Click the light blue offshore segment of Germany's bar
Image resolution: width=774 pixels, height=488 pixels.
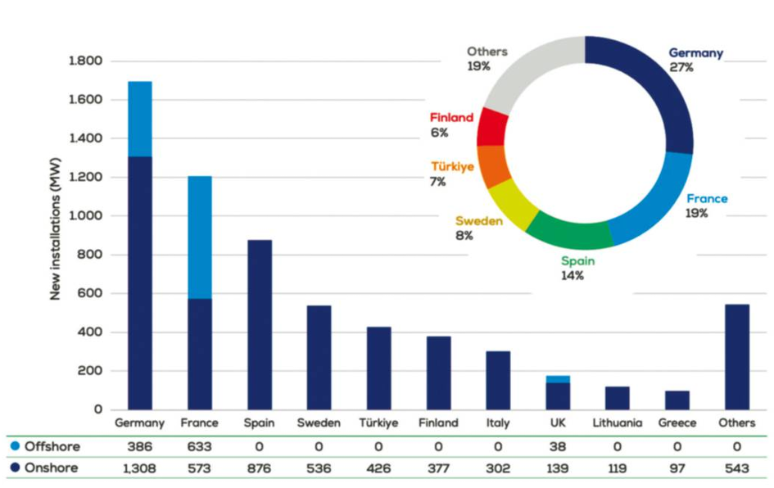[x=140, y=119]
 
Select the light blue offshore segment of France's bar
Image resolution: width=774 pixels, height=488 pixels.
[x=200, y=237]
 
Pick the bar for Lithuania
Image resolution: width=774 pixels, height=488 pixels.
[x=618, y=398]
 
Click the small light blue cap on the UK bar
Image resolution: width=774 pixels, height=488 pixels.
[x=558, y=379]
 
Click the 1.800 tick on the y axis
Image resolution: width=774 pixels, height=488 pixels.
[x=85, y=61]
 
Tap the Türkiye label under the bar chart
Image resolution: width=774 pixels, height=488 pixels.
[x=378, y=423]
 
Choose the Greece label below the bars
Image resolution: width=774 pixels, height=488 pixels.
[x=677, y=423]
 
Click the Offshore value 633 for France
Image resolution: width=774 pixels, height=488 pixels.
[x=200, y=447]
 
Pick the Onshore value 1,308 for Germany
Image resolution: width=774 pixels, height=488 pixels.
[x=140, y=468]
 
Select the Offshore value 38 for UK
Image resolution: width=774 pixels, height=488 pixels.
[x=558, y=447]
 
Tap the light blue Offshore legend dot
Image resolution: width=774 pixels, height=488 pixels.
[x=16, y=447]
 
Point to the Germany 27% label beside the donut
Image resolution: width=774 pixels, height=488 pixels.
[x=695, y=60]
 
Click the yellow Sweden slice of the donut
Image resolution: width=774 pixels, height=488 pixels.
[x=513, y=201]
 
